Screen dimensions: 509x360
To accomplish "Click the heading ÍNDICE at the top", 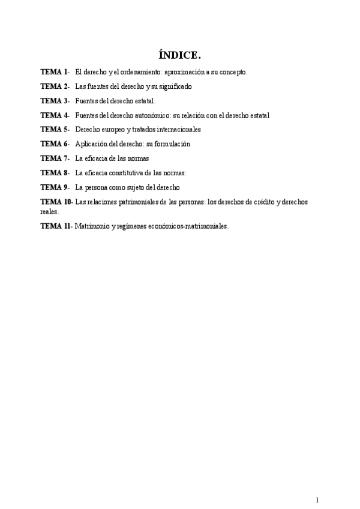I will click(x=179, y=55).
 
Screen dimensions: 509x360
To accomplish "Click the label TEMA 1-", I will click(x=55, y=72).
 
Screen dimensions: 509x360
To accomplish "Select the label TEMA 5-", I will click(x=55, y=129).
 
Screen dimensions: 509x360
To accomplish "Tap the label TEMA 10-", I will click(x=57, y=202).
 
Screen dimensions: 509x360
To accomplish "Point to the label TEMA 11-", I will click(x=57, y=226).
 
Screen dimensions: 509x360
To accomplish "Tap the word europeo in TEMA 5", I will click(x=113, y=129).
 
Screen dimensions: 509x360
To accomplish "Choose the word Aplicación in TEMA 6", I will click(x=91, y=144).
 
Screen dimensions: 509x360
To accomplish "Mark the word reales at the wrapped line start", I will click(x=49, y=211).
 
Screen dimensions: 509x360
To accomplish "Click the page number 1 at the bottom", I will click(x=317, y=483).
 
